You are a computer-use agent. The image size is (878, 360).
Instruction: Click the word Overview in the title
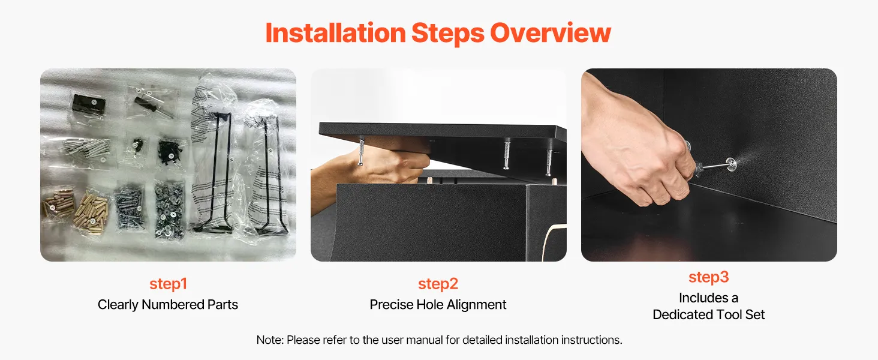tap(551, 33)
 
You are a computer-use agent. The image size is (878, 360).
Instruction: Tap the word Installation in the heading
tap(335, 33)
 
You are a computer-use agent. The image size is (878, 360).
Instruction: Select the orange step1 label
tap(168, 284)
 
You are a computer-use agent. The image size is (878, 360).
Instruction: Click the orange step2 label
tap(438, 284)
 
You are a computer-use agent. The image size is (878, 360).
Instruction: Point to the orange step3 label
tap(709, 277)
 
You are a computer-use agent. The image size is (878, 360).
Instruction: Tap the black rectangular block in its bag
tap(89, 104)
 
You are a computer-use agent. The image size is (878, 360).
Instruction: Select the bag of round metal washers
tap(169, 210)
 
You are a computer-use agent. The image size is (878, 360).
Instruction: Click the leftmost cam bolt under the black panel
tap(361, 151)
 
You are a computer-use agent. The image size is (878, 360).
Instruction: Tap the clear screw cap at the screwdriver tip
tap(730, 164)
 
